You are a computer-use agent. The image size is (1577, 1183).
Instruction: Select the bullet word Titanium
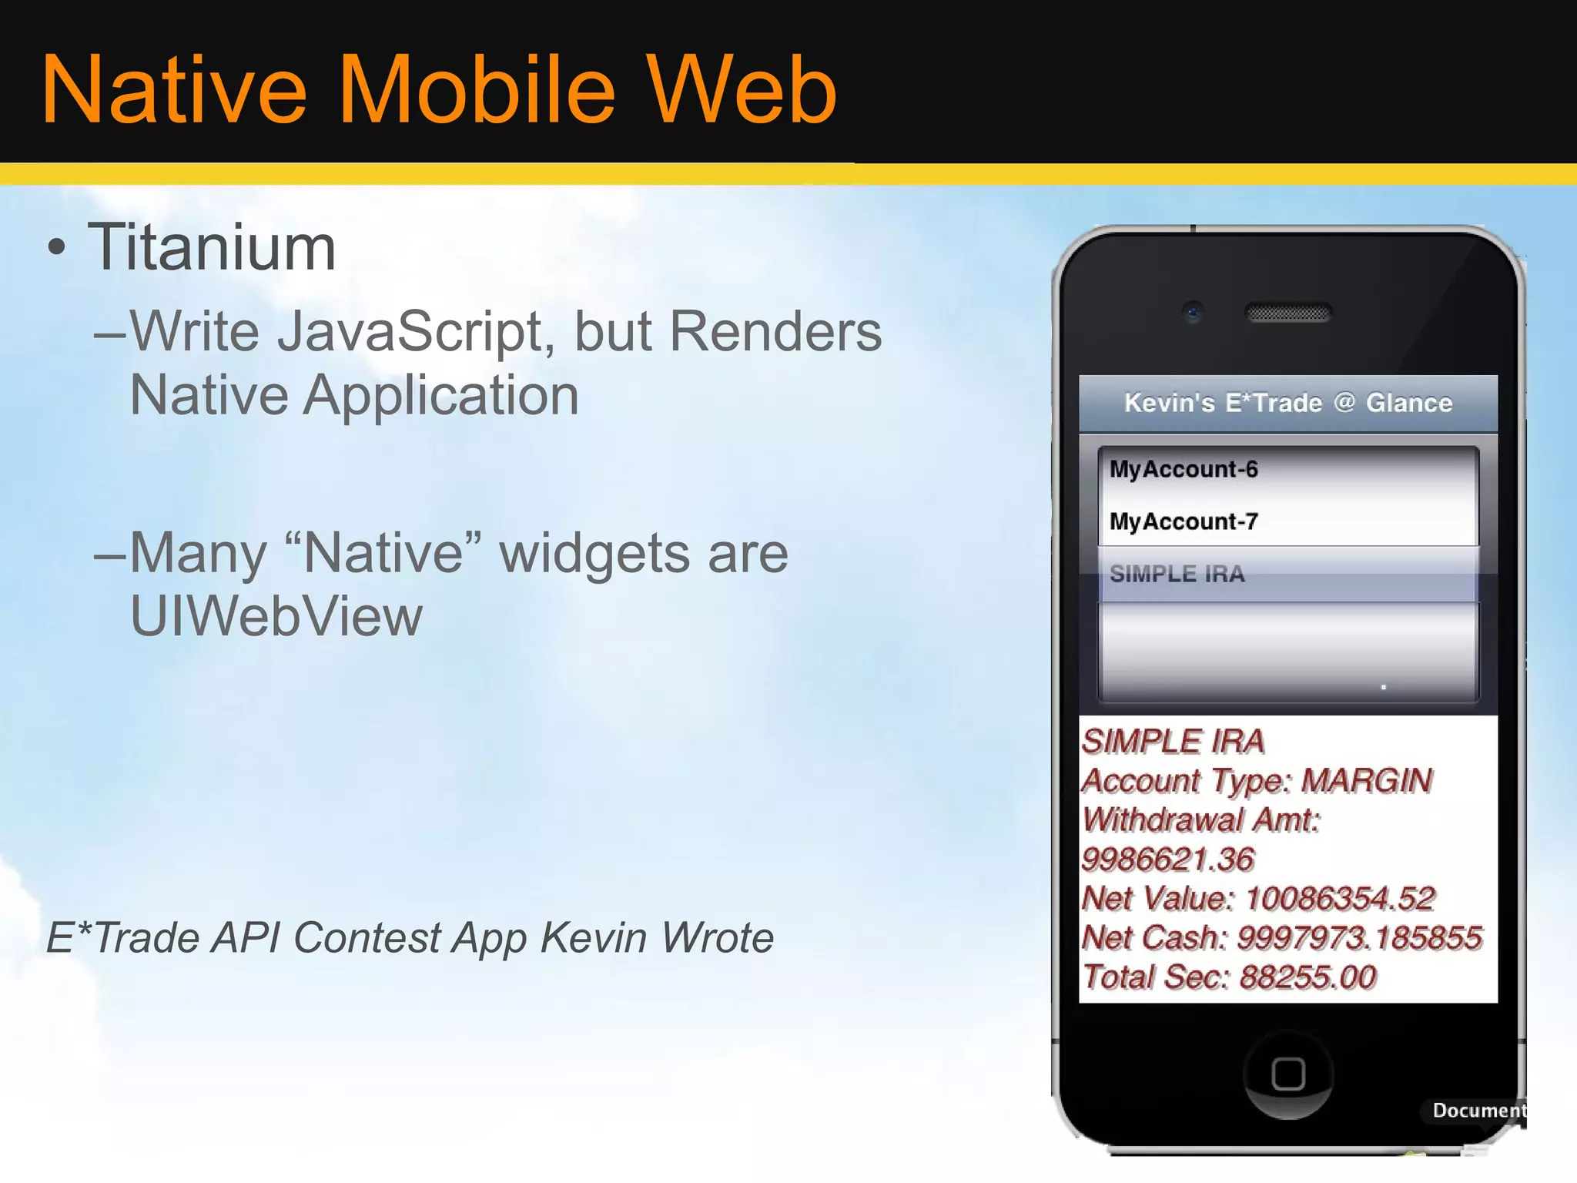pos(212,248)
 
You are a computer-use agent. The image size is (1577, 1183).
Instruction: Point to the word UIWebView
pos(276,616)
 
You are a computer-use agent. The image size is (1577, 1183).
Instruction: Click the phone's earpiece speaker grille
pos(1288,313)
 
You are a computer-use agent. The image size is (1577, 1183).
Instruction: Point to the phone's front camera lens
pos(1193,313)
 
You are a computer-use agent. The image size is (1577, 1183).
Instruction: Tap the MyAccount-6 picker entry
pos(1184,469)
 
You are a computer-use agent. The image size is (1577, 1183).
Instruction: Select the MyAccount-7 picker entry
pos(1184,521)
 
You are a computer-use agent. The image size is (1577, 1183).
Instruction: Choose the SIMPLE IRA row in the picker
pos(1177,574)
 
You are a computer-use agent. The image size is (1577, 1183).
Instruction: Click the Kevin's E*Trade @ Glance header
pos(1287,403)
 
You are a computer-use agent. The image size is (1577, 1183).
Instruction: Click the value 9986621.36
pos(1167,860)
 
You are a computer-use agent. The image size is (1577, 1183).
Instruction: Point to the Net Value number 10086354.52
pos(1340,899)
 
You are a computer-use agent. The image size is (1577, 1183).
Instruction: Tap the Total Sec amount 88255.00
pos(1307,977)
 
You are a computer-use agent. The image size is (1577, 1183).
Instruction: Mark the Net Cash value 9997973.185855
pos(1359,938)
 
